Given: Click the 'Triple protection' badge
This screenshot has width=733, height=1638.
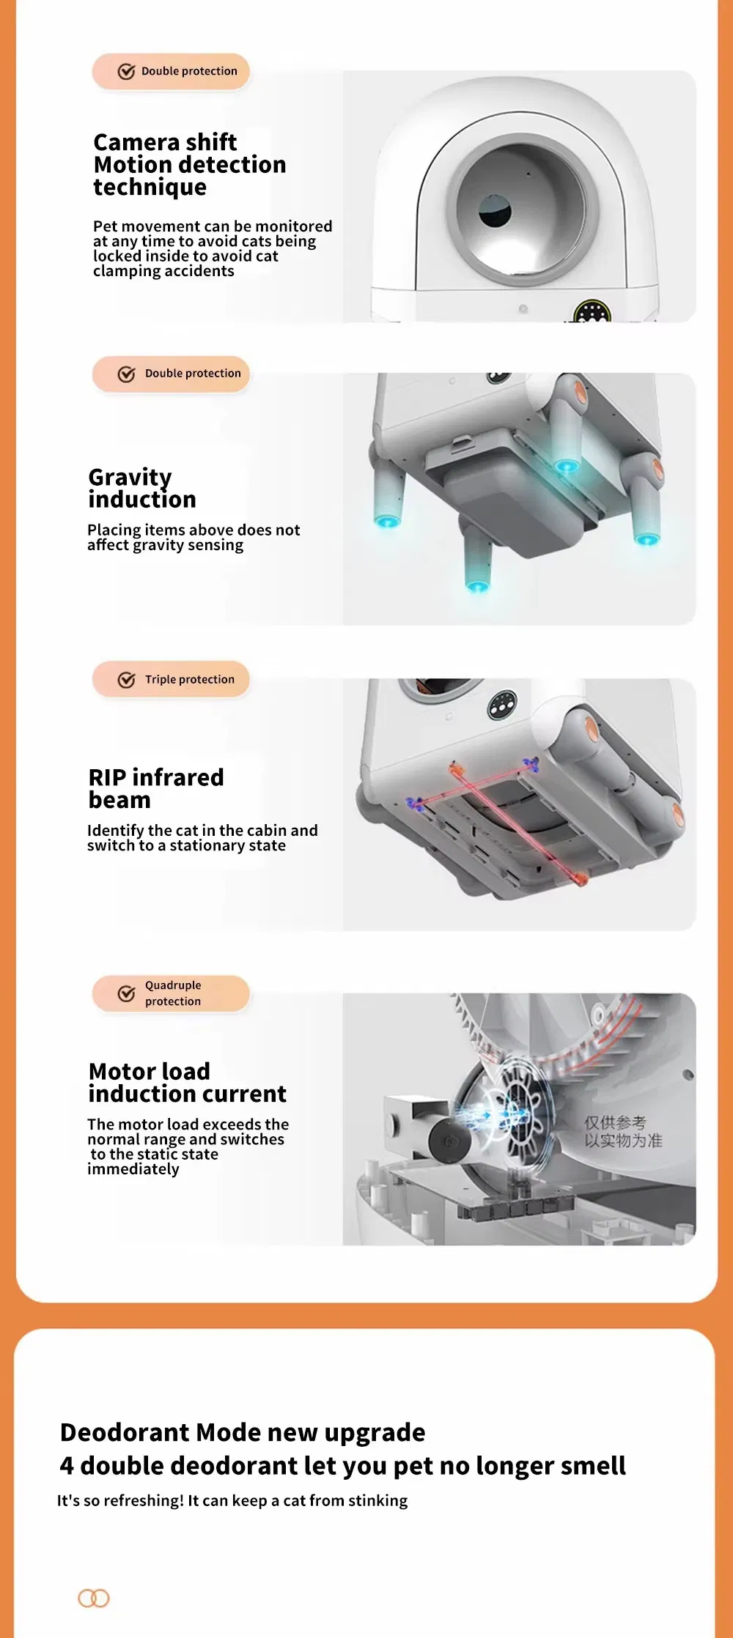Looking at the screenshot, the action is tap(171, 679).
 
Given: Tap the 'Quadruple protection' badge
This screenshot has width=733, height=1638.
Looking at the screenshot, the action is tap(171, 993).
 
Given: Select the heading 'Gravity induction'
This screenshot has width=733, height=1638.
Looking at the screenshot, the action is tap(142, 488).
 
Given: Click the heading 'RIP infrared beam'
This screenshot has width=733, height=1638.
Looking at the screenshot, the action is tap(156, 788).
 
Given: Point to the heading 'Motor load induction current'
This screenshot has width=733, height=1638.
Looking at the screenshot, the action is tap(187, 1082).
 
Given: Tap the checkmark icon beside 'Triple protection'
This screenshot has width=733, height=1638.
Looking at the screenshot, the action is tap(126, 680).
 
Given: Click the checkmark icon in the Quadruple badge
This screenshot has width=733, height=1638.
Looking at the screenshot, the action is tap(126, 993).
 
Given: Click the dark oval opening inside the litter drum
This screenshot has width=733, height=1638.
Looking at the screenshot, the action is tap(495, 210).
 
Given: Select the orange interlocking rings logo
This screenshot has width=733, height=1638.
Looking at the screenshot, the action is tap(94, 1598).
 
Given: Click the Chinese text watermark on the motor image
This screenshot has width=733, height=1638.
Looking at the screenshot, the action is tap(623, 1131).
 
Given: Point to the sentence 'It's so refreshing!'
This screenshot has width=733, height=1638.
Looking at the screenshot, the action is tap(121, 1500).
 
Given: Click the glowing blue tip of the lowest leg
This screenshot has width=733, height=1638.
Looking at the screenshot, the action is tap(477, 586).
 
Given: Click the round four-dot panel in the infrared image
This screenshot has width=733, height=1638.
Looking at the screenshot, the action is tap(502, 706).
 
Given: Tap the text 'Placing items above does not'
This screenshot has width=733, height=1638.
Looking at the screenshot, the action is tap(194, 530).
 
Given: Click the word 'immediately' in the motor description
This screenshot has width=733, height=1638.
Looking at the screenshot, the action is tap(133, 1169).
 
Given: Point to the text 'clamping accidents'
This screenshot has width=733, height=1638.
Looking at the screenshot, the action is tap(163, 271).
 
